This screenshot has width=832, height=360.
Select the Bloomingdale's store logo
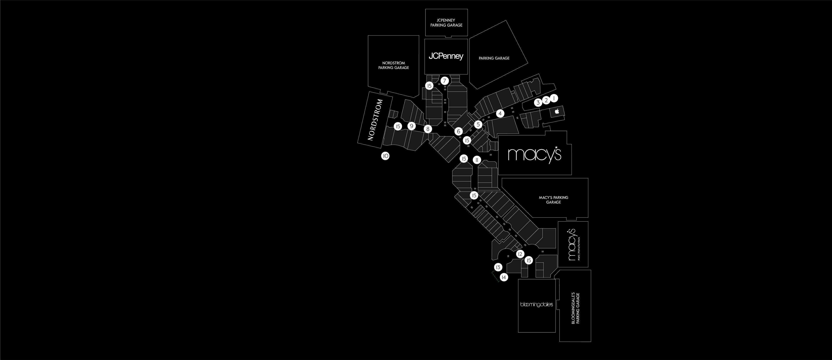click(536, 305)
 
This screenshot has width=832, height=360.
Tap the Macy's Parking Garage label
click(553, 200)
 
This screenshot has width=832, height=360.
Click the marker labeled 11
click(477, 160)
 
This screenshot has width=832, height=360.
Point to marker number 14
click(504, 277)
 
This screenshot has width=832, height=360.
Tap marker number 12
click(520, 254)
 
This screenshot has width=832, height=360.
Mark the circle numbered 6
click(458, 131)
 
